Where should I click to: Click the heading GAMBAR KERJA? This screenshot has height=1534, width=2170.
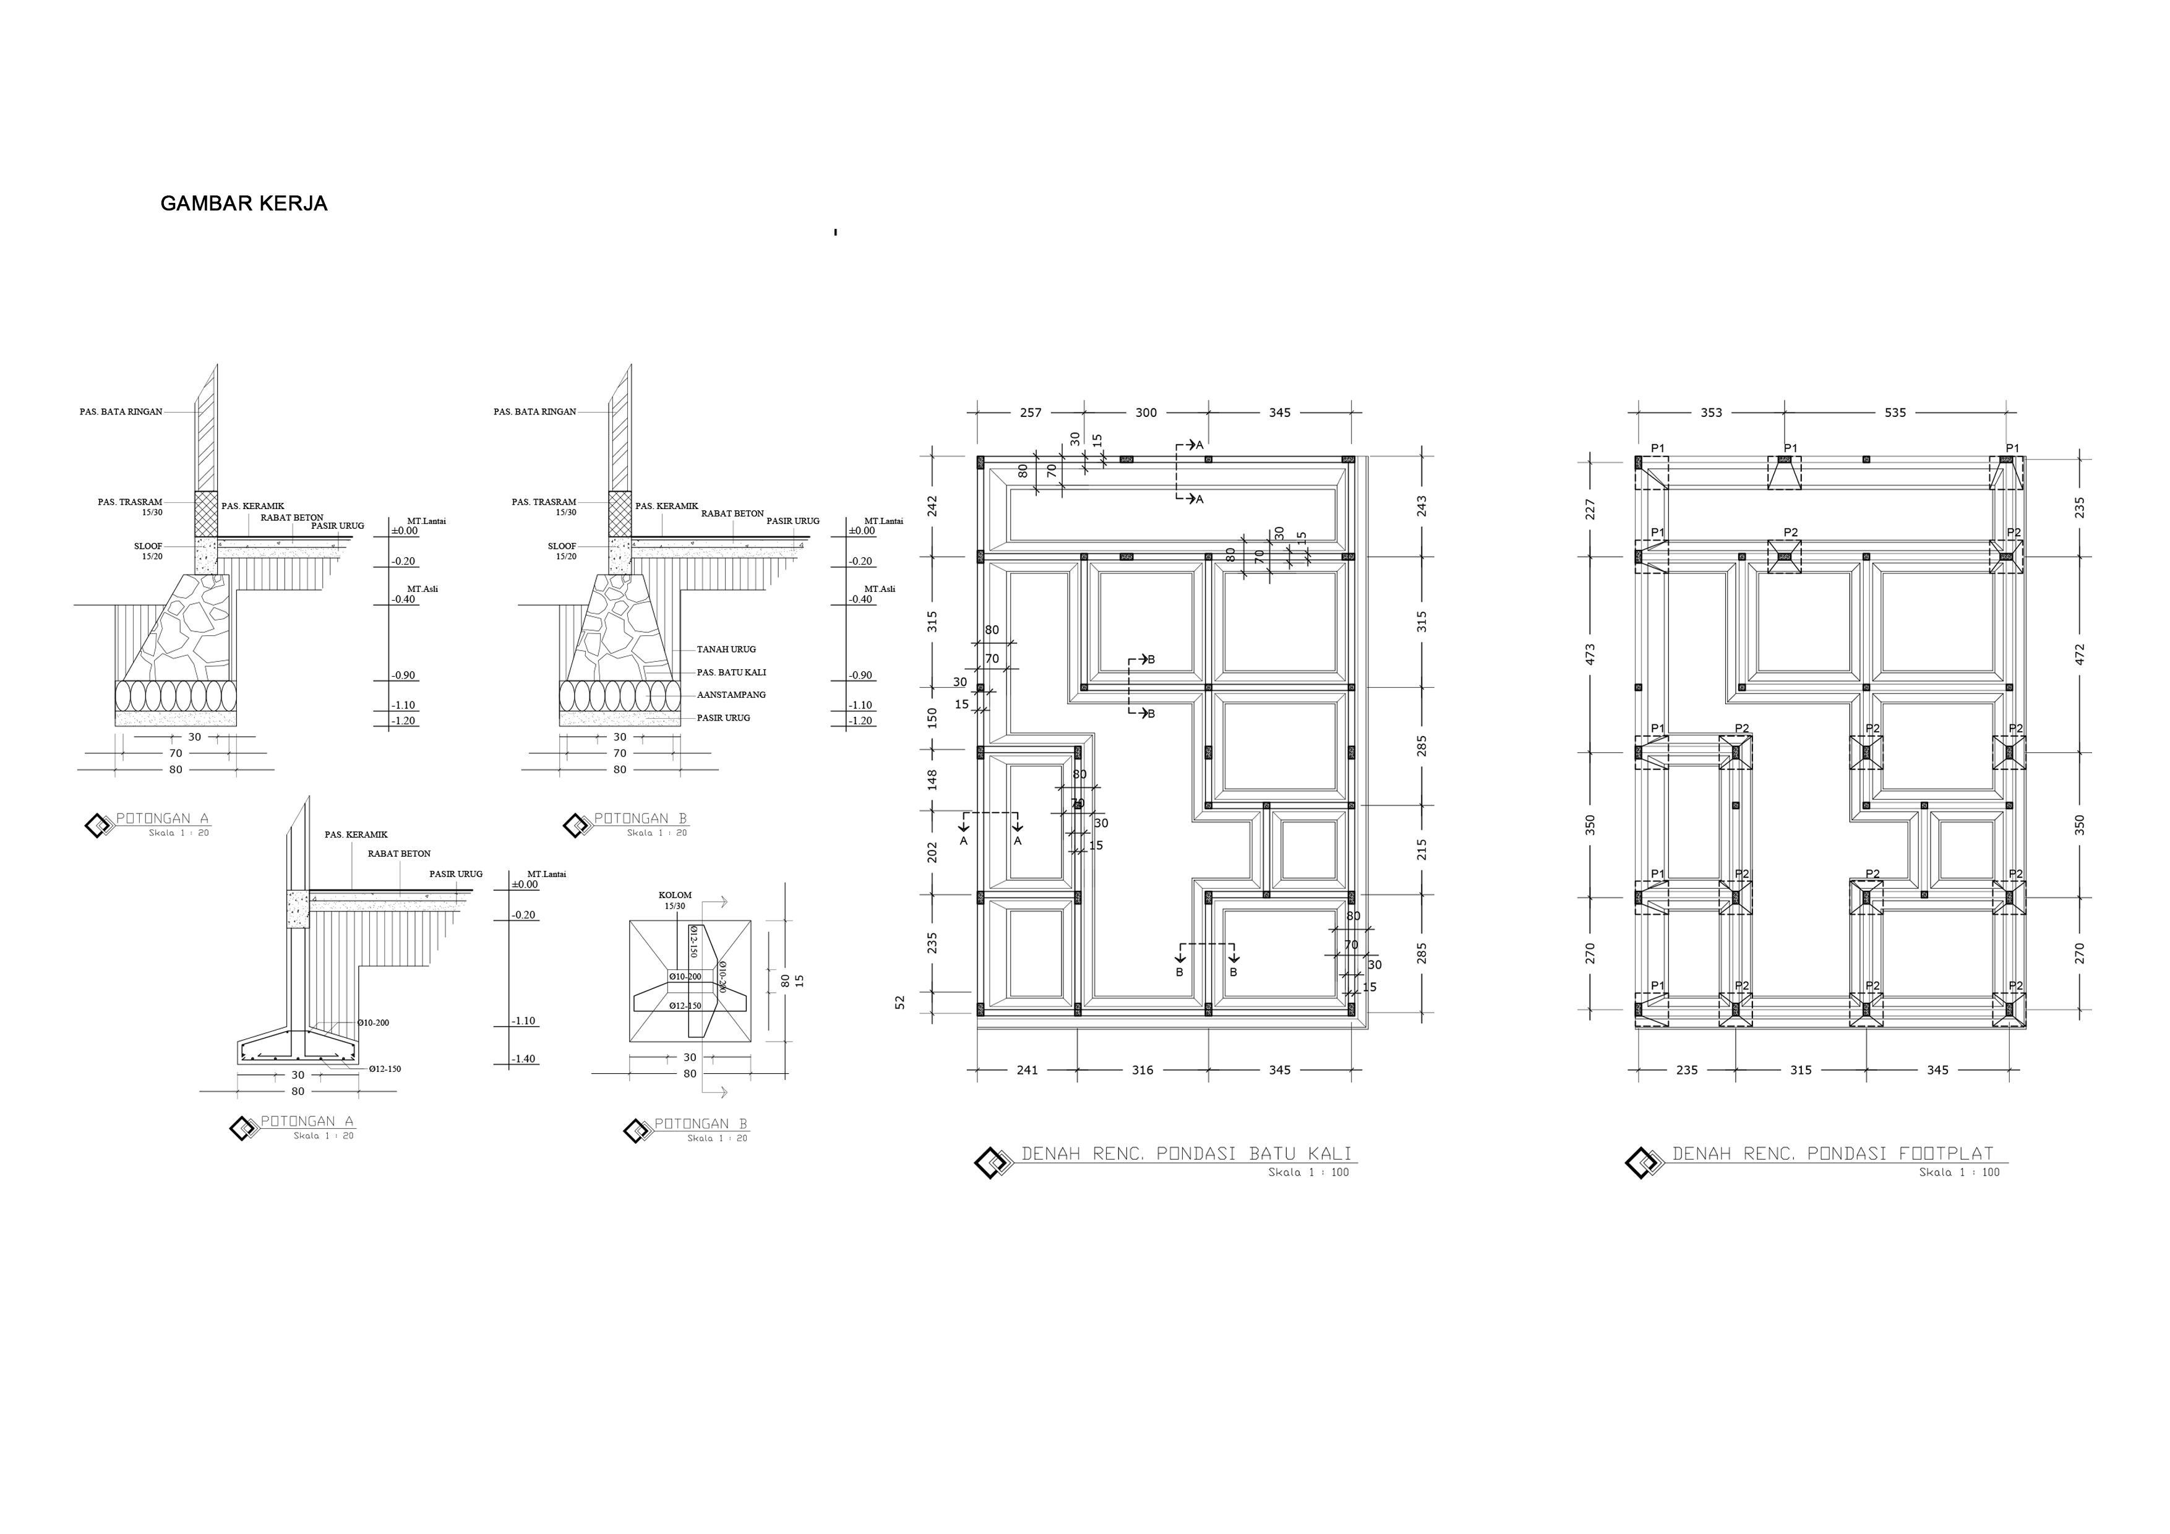pos(244,204)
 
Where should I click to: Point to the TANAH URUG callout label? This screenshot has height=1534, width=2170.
pos(726,649)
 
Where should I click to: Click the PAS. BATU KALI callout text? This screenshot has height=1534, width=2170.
pos(731,672)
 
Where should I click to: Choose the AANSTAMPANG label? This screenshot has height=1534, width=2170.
pos(731,695)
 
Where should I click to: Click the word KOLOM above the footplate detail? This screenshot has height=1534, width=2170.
pos(675,895)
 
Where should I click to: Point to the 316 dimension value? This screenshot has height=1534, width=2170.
pos(1142,1070)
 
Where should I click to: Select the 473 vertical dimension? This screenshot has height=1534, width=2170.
pos(1590,654)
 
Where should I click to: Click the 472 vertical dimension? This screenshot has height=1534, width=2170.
pos(2078,654)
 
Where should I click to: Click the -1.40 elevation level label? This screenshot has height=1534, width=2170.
pos(523,1058)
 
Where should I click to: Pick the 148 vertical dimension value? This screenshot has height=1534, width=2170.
pos(932,780)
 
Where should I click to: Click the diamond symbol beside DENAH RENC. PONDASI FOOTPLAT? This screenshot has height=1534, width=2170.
pos(1642,1162)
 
